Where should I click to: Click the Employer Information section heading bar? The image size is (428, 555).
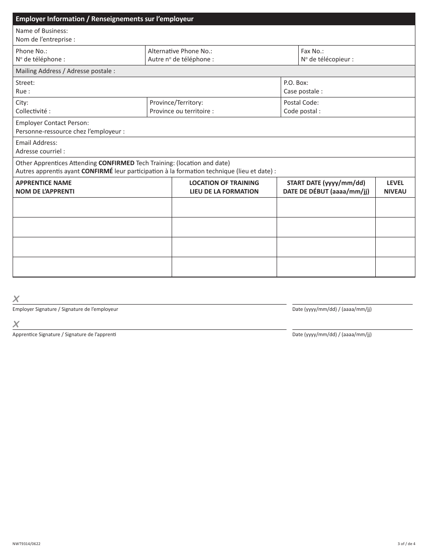[105, 19]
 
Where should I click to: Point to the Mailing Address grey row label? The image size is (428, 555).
[65, 71]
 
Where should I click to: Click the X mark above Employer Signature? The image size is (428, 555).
[16, 299]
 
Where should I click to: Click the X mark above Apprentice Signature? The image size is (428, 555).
[16, 324]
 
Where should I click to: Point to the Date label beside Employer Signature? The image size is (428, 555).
[332, 310]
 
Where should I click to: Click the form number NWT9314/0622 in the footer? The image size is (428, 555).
[27, 544]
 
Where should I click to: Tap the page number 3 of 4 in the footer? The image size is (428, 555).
[406, 544]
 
